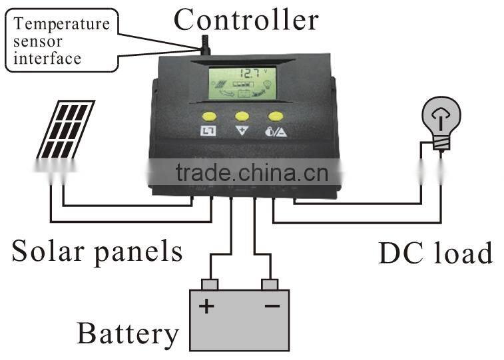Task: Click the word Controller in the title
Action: (246, 20)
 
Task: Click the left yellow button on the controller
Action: (210, 115)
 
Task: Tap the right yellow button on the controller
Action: (275, 115)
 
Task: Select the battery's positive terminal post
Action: (210, 285)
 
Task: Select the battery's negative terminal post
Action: (270, 285)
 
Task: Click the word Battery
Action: (128, 333)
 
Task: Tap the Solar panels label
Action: (97, 251)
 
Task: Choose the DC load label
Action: (435, 254)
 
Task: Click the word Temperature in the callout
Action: (62, 25)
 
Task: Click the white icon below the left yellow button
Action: (209, 131)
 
